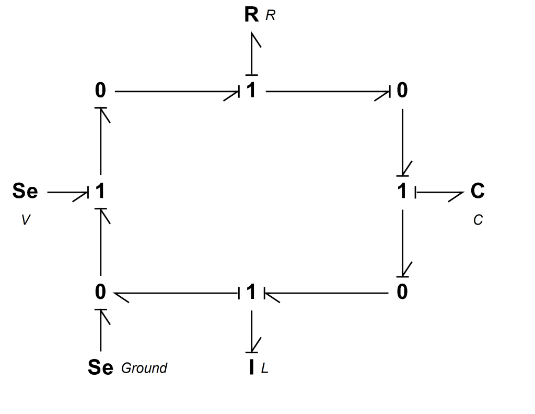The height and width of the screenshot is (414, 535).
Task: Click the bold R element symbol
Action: click(251, 15)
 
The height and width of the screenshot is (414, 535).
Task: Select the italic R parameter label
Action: click(270, 15)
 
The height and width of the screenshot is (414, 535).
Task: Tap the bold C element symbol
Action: click(478, 191)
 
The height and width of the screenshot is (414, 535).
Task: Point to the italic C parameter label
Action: click(478, 220)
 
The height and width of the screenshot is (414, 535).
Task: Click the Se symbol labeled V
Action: click(25, 191)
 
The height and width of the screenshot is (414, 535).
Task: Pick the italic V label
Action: click(26, 220)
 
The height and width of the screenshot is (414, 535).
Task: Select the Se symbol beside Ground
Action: click(100, 367)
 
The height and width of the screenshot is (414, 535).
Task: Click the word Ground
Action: click(144, 368)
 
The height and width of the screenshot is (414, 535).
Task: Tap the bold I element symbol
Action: click(251, 367)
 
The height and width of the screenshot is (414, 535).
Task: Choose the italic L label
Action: click(265, 368)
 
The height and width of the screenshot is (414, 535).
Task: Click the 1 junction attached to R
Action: click(251, 91)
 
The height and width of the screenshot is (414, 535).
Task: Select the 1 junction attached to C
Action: click(402, 191)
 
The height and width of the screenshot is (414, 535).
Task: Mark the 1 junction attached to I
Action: click(251, 292)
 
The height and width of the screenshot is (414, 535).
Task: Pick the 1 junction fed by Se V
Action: click(100, 191)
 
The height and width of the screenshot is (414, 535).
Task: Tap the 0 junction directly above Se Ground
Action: click(100, 292)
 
